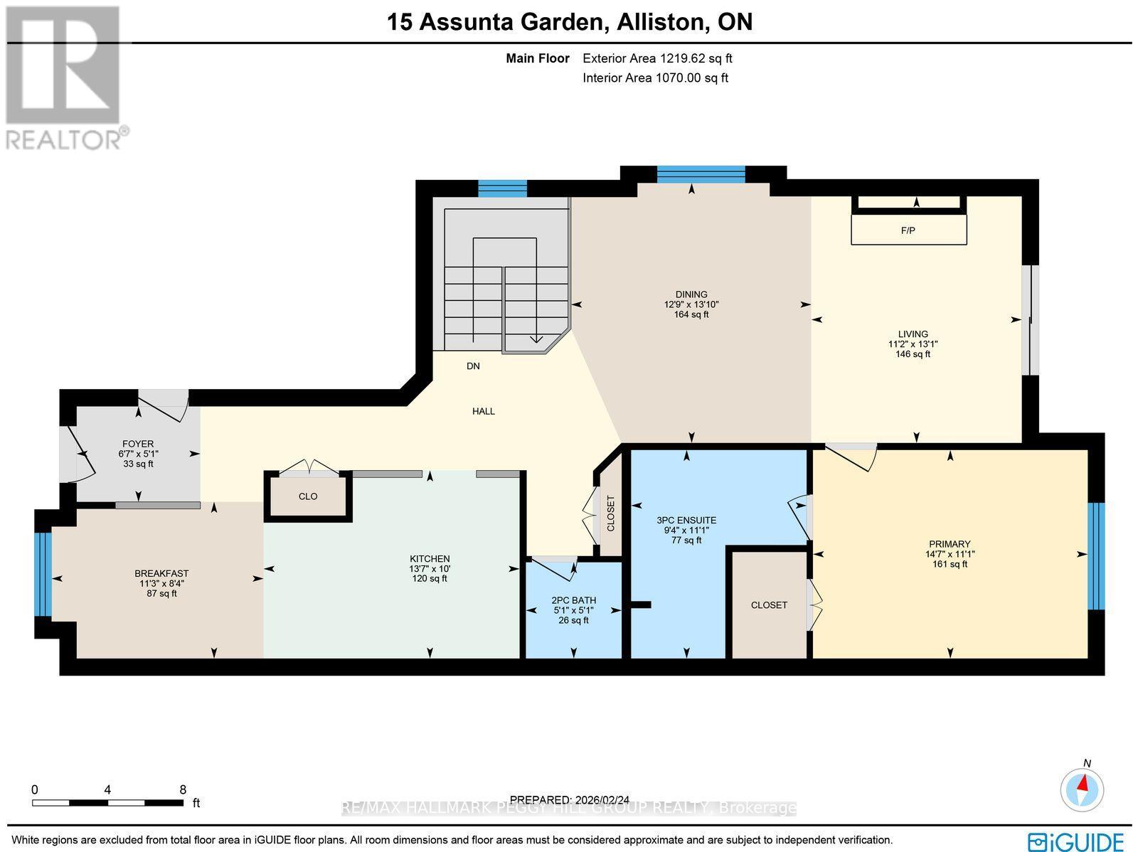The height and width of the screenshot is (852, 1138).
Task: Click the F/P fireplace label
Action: click(908, 231)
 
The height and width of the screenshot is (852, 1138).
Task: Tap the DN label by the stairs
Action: click(473, 366)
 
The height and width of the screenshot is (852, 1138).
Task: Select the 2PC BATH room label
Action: click(573, 600)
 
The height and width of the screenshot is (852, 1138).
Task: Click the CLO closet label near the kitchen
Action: click(308, 496)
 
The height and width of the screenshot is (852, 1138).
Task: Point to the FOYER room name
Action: click(138, 444)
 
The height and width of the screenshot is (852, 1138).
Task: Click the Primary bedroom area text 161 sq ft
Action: click(950, 564)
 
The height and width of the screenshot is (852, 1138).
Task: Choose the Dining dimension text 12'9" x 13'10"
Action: click(691, 304)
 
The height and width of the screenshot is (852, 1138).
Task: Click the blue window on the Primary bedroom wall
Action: click(1096, 556)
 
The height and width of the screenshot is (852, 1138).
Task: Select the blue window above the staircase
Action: click(502, 188)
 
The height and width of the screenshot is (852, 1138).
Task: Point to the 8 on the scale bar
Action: click(183, 789)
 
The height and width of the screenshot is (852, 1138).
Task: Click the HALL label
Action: click(484, 411)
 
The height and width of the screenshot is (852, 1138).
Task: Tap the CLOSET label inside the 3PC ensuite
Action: click(769, 605)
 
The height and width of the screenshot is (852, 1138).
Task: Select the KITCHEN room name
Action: click(430, 559)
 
